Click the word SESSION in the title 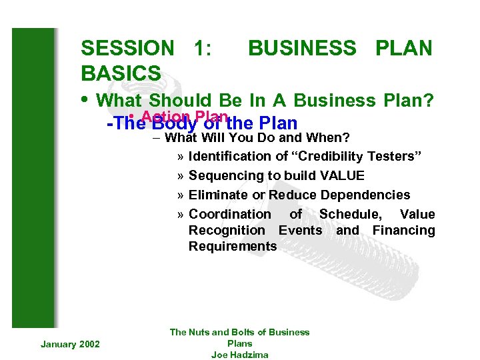[x=127, y=48]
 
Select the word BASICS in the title [x=121, y=73]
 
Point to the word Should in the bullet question [x=177, y=101]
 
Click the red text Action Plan [x=180, y=115]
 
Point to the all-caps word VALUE [x=341, y=176]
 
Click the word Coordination [x=229, y=215]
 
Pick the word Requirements [x=233, y=247]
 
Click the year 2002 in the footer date [x=89, y=344]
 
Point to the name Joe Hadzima [x=239, y=355]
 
